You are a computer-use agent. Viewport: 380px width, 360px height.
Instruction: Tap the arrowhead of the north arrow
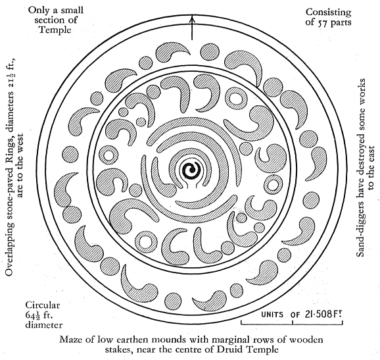(192, 18)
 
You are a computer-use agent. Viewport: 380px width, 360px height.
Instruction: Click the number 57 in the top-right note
(321, 22)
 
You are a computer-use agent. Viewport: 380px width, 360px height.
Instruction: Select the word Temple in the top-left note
(55, 30)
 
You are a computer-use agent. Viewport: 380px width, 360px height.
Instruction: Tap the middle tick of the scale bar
(293, 322)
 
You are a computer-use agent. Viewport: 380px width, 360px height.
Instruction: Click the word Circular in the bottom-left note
(43, 305)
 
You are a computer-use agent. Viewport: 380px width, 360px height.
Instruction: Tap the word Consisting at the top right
(328, 13)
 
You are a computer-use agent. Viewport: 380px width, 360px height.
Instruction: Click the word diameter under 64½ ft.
(44, 325)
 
